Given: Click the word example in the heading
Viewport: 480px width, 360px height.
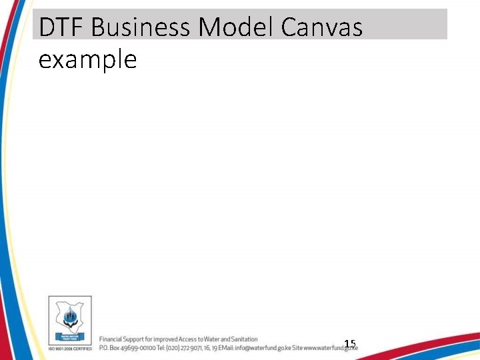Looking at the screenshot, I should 87,60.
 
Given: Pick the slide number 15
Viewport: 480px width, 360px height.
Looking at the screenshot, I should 350,344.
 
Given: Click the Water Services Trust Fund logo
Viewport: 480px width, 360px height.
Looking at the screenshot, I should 69,321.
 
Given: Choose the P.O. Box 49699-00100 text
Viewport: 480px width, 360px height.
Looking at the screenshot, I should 126,347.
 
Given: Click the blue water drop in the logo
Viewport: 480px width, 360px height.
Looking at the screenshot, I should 70,313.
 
